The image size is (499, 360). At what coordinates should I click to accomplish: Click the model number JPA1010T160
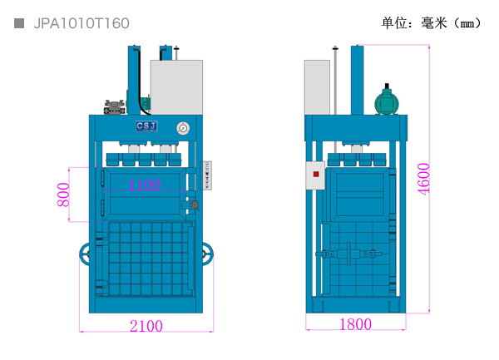pos(82,23)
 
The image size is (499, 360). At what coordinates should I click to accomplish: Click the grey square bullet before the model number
pos(19,23)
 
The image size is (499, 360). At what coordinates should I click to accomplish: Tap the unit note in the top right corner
pos(431,23)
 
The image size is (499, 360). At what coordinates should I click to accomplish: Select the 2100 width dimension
pos(146,326)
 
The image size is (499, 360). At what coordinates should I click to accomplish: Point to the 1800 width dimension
pos(355,324)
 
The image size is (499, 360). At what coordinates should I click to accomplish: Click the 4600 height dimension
pos(423,178)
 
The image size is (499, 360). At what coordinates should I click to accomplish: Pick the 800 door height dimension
pos(63,195)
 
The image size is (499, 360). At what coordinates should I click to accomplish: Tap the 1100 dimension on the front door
pos(145,185)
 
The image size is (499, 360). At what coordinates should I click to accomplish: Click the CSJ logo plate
pos(146,126)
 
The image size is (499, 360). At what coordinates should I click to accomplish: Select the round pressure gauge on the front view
pos(183,128)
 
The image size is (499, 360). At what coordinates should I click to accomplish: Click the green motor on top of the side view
pos(387,100)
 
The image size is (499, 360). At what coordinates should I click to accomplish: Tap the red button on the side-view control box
pos(316,174)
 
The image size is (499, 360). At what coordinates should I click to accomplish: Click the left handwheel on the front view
pos(85,254)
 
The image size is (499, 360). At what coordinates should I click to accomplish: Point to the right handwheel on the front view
pos(207,254)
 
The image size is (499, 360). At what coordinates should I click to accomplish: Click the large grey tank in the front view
pos(176,87)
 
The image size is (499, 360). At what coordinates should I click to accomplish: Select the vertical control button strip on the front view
pos(206,175)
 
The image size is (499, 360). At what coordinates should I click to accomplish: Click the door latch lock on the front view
pos(194,205)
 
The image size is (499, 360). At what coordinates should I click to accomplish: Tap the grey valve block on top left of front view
pos(115,107)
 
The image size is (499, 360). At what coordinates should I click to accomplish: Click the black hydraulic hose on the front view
pos(141,81)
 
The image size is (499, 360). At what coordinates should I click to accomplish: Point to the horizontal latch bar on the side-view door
pos(348,254)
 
